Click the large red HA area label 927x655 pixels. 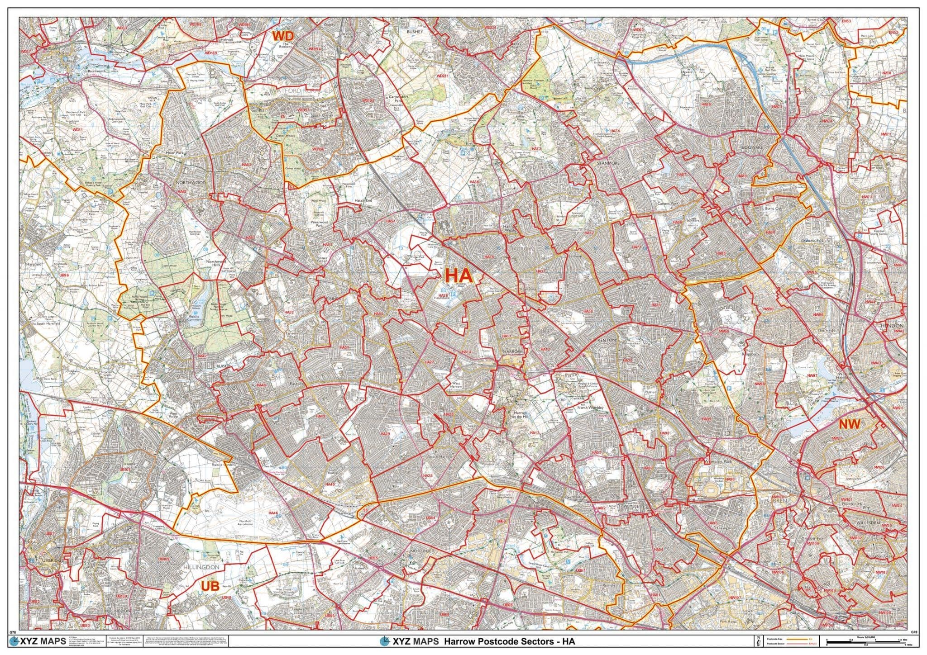[459, 275]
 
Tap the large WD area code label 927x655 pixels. [283, 36]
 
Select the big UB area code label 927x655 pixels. [210, 586]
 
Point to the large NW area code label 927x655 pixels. [849, 424]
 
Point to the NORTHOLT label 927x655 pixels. [422, 551]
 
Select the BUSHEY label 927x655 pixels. [414, 32]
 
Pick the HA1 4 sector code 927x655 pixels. [466, 352]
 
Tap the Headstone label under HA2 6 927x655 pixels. [441, 299]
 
